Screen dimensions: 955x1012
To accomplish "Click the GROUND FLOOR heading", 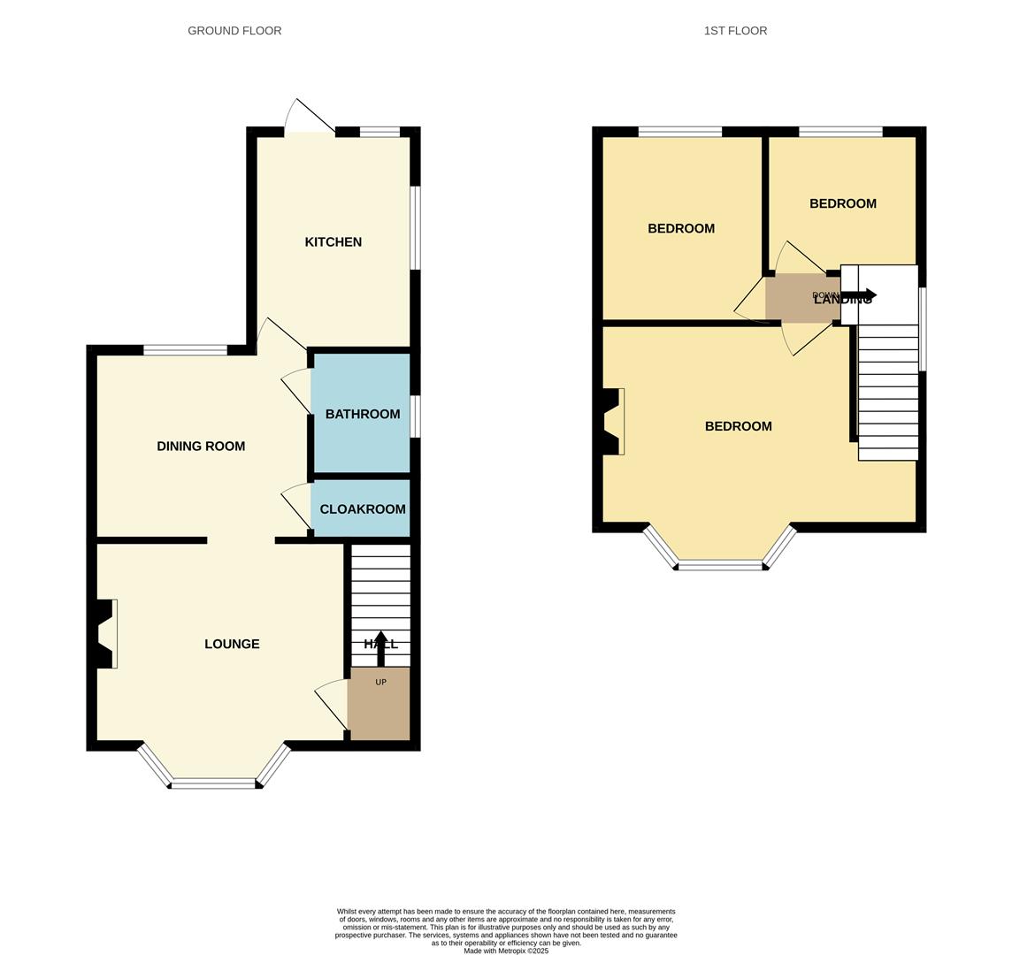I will pyautogui.click(x=234, y=31).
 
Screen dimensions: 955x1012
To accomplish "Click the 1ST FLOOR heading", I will pyautogui.click(x=735, y=31).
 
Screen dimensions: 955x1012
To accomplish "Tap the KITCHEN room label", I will pyautogui.click(x=333, y=242).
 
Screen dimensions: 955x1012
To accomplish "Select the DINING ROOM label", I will pyautogui.click(x=201, y=447).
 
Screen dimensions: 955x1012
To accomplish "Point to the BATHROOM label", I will pyautogui.click(x=363, y=414).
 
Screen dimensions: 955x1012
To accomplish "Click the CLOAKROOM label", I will pyautogui.click(x=363, y=509).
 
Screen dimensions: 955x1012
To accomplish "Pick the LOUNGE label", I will pyautogui.click(x=232, y=644).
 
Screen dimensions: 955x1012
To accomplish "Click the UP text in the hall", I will pyautogui.click(x=381, y=682).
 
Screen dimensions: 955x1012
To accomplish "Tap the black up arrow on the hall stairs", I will pyautogui.click(x=380, y=646).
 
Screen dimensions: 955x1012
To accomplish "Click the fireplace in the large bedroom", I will pyautogui.click(x=613, y=422).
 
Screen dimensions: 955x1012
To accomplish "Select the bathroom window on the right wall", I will pyautogui.click(x=416, y=416).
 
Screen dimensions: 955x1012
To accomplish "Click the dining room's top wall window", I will pyautogui.click(x=185, y=350).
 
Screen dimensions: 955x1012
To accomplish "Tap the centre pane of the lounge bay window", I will pyautogui.click(x=213, y=783).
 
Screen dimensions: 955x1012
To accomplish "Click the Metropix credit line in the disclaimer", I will pyautogui.click(x=506, y=951).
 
